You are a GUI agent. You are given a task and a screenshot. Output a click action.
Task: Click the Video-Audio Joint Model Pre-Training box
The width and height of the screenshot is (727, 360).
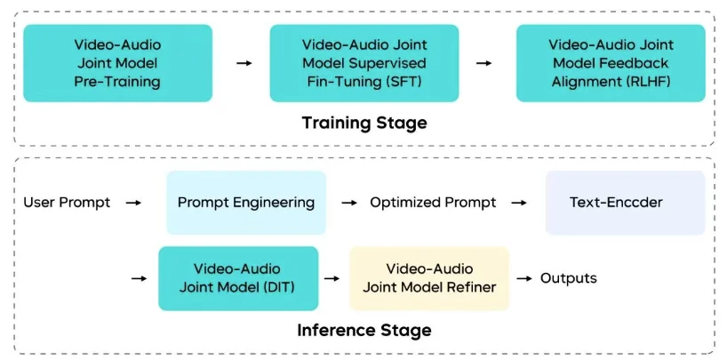pos(117,62)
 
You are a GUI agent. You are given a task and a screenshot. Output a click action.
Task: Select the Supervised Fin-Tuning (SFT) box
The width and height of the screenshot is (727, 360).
pos(364,62)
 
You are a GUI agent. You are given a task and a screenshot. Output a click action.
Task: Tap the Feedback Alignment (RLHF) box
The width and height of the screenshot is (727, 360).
pos(611,62)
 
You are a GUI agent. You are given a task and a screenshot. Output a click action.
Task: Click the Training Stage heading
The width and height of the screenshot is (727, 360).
pos(364,123)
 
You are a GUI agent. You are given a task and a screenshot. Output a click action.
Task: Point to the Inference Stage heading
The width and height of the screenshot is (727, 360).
pos(364,330)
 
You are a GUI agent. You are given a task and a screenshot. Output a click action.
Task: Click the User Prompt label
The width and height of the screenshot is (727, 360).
pos(68,203)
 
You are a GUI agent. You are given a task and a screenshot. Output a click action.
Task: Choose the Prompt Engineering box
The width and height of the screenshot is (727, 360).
pos(246,203)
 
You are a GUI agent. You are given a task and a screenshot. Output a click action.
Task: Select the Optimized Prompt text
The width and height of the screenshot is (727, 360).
pos(434,203)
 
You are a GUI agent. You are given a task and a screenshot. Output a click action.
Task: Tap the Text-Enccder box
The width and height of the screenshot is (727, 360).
pos(625,203)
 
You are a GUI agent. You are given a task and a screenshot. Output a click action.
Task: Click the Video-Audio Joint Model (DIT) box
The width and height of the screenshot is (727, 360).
pos(238,278)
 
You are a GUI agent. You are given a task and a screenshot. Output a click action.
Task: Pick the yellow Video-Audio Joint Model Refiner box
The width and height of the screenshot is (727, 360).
pos(429,278)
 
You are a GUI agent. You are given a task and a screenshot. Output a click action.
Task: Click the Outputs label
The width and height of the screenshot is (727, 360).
pos(569,278)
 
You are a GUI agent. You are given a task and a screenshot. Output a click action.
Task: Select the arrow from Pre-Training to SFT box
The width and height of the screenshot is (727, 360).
pos(243,63)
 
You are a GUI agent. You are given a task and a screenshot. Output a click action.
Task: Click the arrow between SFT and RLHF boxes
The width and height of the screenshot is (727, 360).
pos(484,63)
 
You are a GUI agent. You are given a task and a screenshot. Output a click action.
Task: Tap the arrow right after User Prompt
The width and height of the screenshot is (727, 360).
pos(133,203)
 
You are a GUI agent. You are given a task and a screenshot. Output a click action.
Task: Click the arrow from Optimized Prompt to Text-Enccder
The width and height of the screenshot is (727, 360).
pos(519,203)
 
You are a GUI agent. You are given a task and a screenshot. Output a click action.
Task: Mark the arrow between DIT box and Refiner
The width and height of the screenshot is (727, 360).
pos(332,278)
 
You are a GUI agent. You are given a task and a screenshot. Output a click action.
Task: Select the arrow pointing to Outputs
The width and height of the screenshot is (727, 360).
pos(523,278)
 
